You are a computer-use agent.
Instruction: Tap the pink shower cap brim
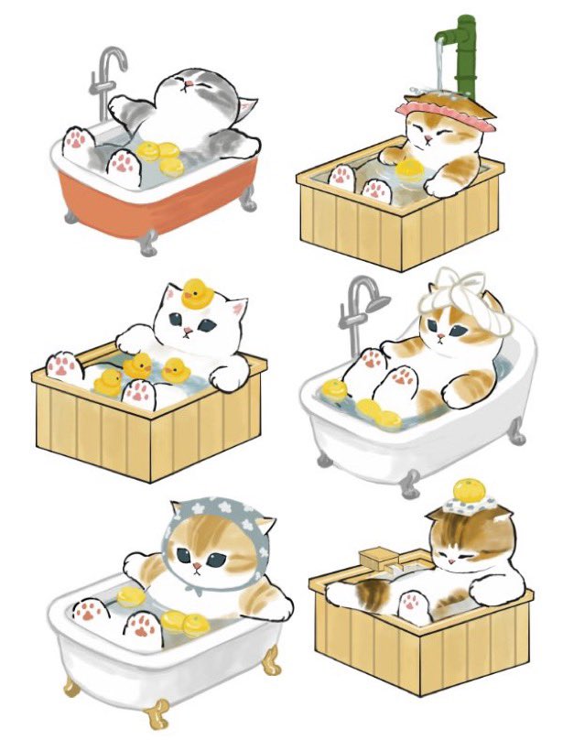pyautogui.click(x=446, y=120)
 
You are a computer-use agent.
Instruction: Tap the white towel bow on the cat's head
pyautogui.click(x=450, y=283)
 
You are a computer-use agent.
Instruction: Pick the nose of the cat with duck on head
pyautogui.click(x=188, y=331)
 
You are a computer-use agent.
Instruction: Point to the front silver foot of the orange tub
pyautogui.click(x=146, y=244)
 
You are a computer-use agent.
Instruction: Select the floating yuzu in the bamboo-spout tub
pyautogui.click(x=408, y=167)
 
